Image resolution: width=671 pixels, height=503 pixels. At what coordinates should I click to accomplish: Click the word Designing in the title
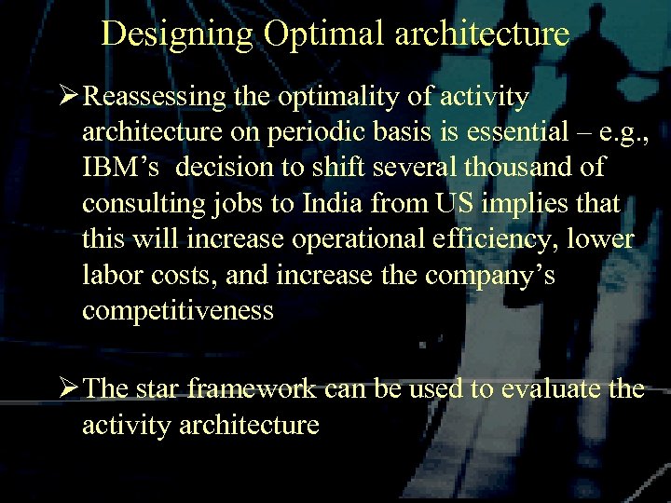point(177,34)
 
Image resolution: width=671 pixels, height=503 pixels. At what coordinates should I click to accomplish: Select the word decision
point(224,167)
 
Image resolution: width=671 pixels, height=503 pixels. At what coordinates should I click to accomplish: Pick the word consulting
point(149,202)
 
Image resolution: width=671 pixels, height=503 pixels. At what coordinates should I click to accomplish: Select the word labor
point(107,274)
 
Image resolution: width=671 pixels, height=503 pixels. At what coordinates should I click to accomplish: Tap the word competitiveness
point(178,309)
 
